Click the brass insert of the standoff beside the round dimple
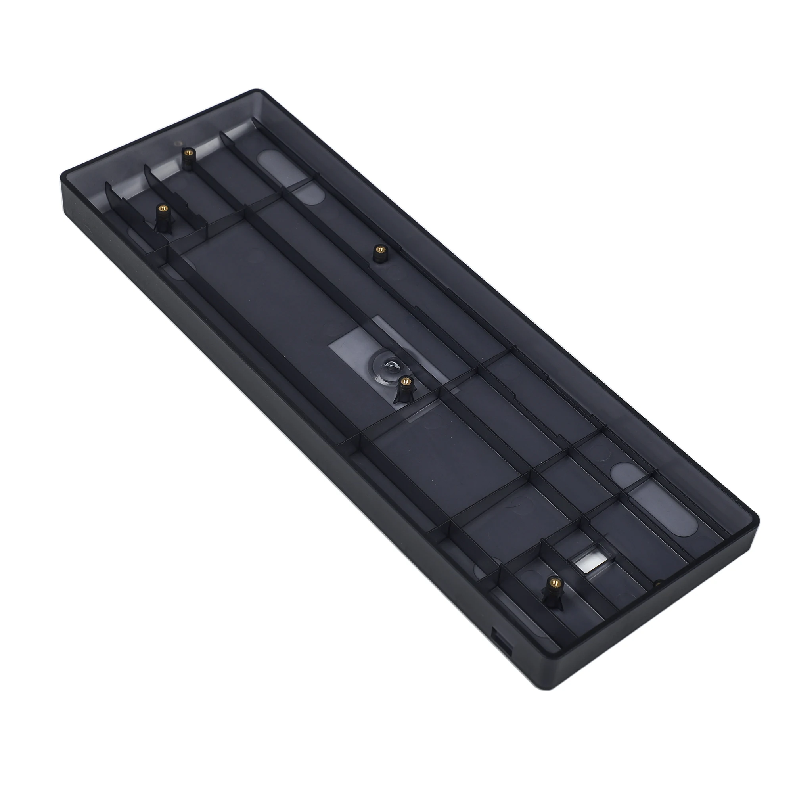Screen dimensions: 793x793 (406, 381)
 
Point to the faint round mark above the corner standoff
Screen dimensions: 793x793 (177, 143)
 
